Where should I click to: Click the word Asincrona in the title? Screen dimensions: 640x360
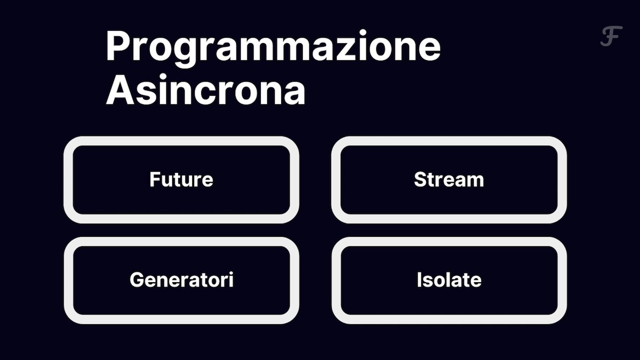point(206,90)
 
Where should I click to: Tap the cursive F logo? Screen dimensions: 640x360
point(611,36)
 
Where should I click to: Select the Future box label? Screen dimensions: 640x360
point(181,179)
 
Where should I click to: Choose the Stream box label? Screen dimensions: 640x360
point(449,179)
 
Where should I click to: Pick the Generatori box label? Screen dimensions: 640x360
point(182,279)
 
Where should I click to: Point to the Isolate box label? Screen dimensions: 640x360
point(449,279)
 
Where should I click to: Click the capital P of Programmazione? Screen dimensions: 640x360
point(119,45)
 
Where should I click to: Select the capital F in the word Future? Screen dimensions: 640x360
point(155,179)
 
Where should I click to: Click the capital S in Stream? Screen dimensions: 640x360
point(420,179)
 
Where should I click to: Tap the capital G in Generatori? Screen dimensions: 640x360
point(137,279)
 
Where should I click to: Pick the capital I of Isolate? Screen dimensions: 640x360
point(419,279)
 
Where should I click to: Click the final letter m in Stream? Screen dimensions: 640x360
point(475,181)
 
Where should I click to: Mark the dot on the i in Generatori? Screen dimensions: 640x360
point(231,273)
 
